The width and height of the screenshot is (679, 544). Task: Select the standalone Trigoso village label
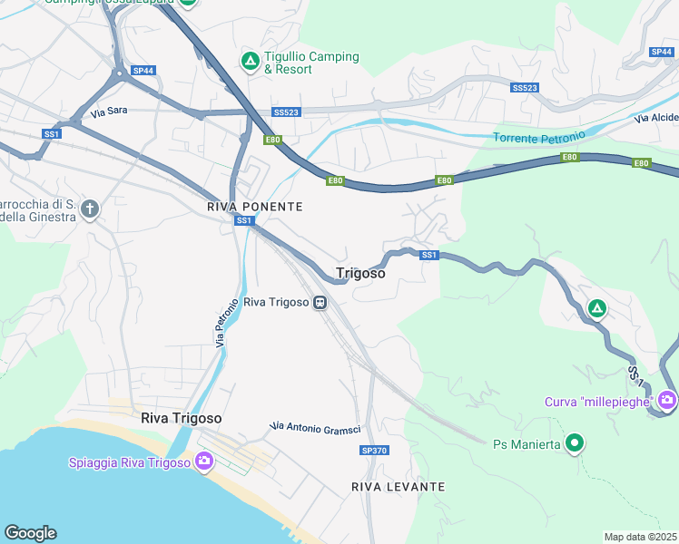point(360,273)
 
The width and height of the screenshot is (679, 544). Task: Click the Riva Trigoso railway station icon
point(320,303)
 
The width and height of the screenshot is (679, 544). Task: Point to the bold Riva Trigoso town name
point(182,418)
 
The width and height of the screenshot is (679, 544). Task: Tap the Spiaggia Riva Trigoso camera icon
point(203,462)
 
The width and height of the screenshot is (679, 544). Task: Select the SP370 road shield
point(373,451)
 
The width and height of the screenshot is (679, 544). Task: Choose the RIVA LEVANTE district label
point(398,487)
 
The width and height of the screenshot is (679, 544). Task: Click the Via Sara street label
point(109,112)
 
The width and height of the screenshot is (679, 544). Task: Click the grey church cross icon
point(89,209)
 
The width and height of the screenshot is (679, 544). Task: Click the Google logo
point(30,533)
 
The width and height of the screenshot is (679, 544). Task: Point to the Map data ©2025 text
point(640,537)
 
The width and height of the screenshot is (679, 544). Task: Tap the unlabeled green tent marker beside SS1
point(596,309)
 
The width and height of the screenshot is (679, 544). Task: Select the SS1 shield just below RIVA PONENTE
point(243,220)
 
